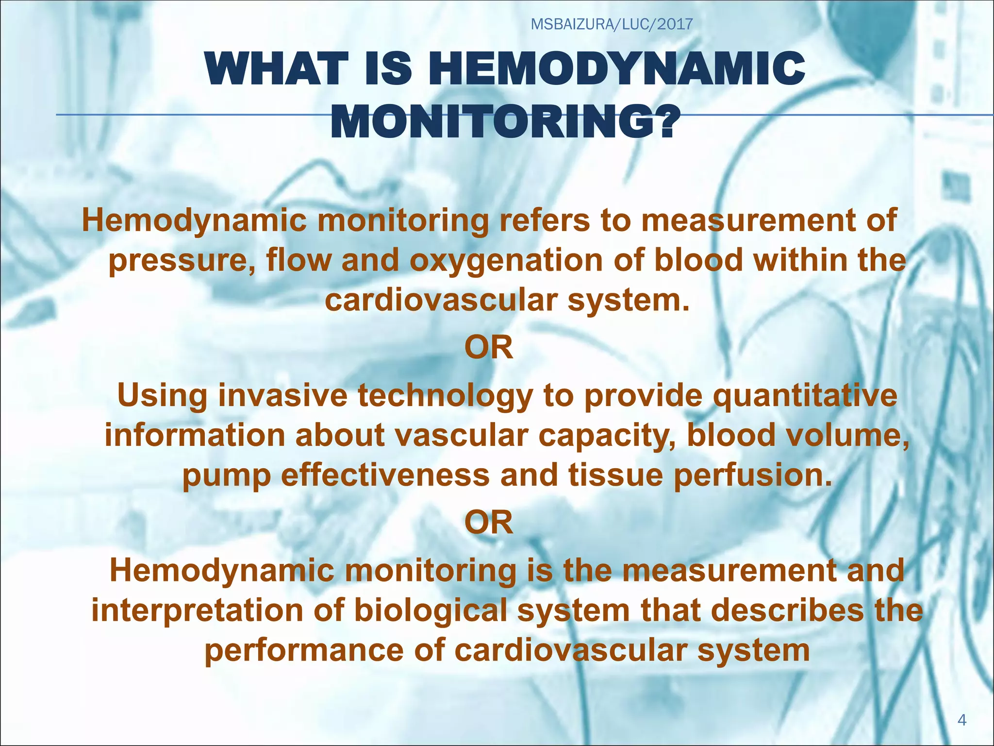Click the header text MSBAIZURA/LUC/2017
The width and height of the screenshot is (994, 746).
click(612, 24)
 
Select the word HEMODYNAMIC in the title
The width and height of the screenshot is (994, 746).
click(616, 69)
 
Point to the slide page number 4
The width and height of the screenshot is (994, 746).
click(962, 720)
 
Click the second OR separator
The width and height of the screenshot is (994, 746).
click(489, 523)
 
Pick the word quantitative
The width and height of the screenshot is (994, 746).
click(805, 395)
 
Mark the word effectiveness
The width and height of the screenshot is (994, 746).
click(385, 475)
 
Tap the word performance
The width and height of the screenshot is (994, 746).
click(304, 650)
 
